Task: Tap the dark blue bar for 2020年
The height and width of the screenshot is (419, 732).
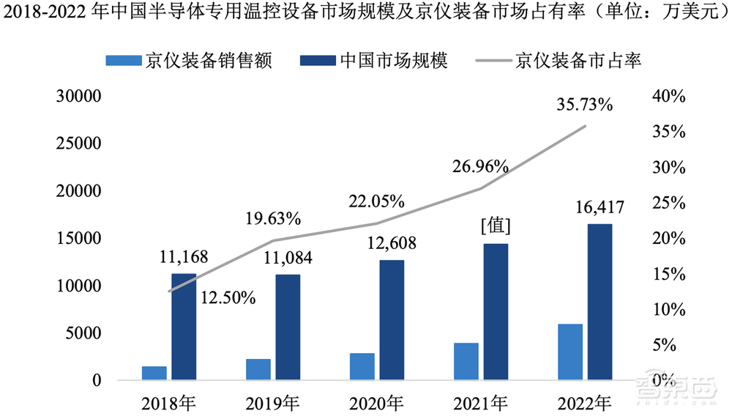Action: [x=392, y=320]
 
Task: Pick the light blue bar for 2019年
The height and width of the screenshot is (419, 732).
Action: [x=258, y=370]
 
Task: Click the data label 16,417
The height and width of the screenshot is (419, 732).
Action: [x=600, y=208]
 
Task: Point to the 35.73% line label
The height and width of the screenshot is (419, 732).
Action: [x=584, y=105]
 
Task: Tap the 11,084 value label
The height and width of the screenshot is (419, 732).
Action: [x=288, y=258]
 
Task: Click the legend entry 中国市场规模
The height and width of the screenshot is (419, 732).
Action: [x=393, y=61]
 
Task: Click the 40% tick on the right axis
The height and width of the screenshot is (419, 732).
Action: [x=668, y=97]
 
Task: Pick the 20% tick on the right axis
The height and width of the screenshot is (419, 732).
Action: [x=668, y=239]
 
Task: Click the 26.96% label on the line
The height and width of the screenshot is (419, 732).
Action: [x=480, y=166]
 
